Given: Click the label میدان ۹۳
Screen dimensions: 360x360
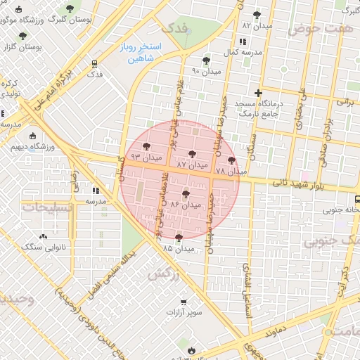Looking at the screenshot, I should pyautogui.click(x=146, y=156).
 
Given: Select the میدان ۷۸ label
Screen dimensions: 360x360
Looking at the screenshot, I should pyautogui.click(x=231, y=171).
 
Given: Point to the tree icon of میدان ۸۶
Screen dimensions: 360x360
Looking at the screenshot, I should pyautogui.click(x=186, y=195).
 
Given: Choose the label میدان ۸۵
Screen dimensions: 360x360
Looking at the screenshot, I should pyautogui.click(x=178, y=248).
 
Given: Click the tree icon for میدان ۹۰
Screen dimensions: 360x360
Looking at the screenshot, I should pyautogui.click(x=206, y=61).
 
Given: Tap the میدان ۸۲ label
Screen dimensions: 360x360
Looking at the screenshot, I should pyautogui.click(x=256, y=25).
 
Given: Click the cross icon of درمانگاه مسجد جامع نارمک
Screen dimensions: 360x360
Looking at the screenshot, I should pyautogui.click(x=258, y=94).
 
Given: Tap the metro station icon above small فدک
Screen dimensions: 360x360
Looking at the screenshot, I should pyautogui.click(x=95, y=63).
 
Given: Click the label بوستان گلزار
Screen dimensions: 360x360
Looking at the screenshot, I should pyautogui.click(x=19, y=46).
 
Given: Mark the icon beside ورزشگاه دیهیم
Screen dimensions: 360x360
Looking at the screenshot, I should pyautogui.click(x=33, y=136).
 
